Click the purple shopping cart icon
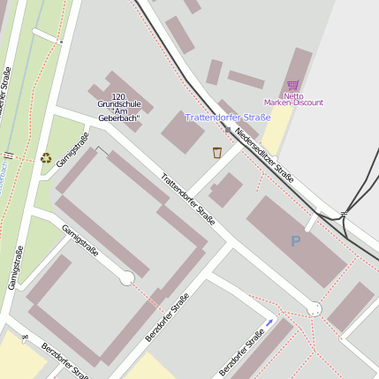(292, 86)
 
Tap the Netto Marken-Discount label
(293, 99)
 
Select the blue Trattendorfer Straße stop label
(227, 117)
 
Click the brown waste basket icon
(217, 152)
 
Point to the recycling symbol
(46, 158)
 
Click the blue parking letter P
(295, 240)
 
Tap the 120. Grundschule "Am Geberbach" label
(119, 107)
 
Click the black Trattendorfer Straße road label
(188, 199)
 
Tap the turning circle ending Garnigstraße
(127, 277)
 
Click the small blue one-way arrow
(270, 322)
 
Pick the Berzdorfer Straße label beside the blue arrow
(242, 352)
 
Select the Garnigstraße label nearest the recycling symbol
(72, 148)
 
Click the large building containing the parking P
(297, 240)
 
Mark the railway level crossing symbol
(344, 214)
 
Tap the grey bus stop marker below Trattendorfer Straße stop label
(228, 130)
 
